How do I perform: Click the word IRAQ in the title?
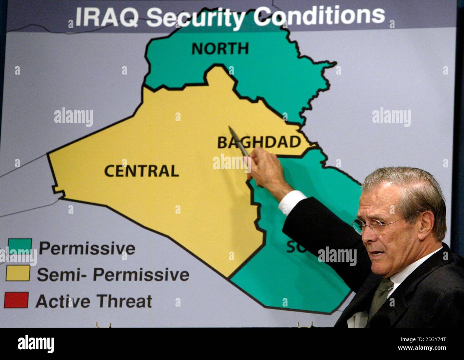tap(107, 17)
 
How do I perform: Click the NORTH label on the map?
tap(220, 49)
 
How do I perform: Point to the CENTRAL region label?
tap(141, 171)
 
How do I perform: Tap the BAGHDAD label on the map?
tap(259, 142)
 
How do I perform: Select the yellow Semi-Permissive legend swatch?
tap(18, 273)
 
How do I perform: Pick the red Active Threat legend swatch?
tap(16, 300)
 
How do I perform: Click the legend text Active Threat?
tap(94, 301)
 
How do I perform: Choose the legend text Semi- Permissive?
tap(113, 275)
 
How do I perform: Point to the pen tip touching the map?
tap(230, 127)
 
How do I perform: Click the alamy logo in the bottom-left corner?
tap(36, 344)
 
